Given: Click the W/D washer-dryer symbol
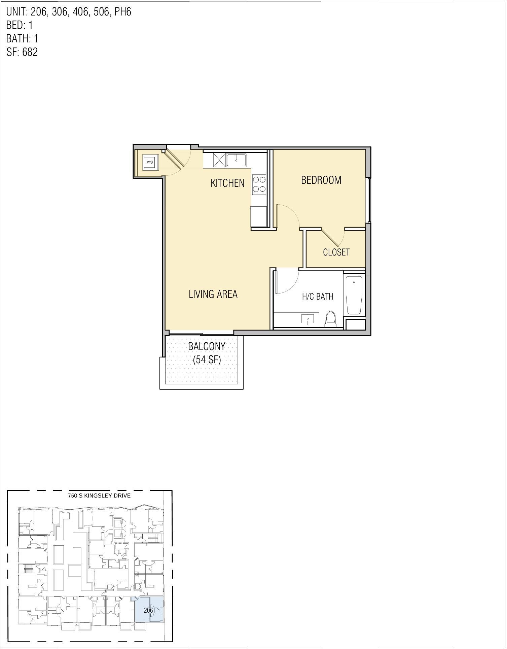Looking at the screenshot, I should [150, 162].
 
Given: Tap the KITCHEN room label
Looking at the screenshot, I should [227, 183].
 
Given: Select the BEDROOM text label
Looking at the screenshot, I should [321, 180].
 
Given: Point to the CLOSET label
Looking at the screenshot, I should [336, 252].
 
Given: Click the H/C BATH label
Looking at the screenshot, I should [318, 297].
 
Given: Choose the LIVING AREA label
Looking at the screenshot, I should [213, 294].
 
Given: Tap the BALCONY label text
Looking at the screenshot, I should [207, 346].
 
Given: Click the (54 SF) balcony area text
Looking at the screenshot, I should [207, 360].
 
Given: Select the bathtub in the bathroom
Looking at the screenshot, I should [354, 295].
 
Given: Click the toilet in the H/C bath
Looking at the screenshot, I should [330, 319].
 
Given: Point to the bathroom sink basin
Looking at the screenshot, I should [307, 319].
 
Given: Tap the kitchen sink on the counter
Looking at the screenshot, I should [237, 160].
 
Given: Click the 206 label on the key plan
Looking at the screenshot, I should [148, 610].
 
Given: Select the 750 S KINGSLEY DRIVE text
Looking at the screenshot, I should [99, 496].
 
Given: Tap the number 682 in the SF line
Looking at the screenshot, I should [30, 52].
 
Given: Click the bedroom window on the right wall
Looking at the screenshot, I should [369, 200].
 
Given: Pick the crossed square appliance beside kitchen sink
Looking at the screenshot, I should [220, 160].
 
